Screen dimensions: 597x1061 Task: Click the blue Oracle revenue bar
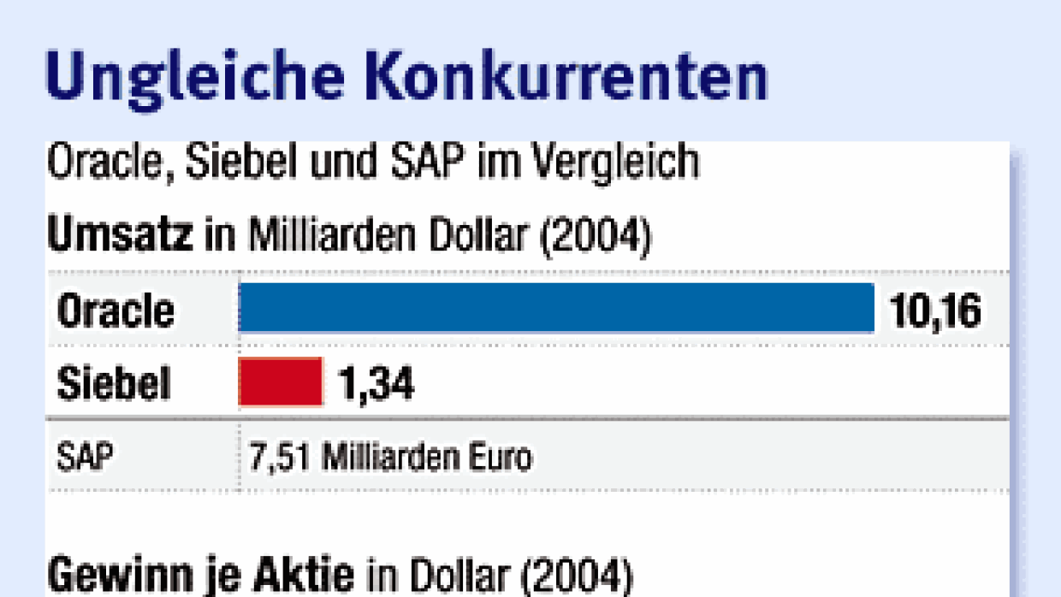556,308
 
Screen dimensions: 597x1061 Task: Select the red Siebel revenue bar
281,382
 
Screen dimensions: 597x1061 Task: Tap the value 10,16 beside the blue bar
935,310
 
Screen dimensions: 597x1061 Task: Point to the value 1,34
376,384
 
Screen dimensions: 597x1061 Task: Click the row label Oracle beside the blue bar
116,310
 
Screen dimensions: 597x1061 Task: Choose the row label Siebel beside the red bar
114,384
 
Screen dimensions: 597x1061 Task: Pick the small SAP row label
84,457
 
